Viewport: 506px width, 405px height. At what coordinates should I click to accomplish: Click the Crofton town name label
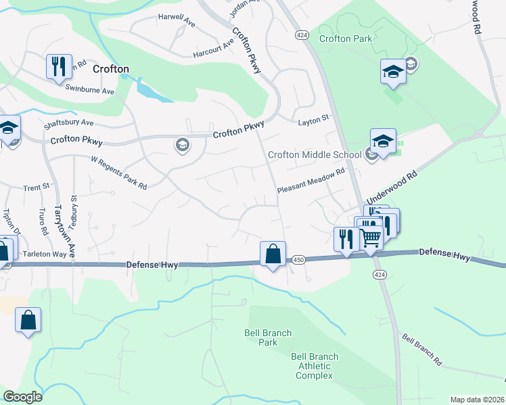[110, 69]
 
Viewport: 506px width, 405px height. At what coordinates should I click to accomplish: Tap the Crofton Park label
[346, 38]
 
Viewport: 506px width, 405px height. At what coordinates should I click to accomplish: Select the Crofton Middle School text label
[315, 155]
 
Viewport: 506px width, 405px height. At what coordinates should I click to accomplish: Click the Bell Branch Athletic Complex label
[312, 366]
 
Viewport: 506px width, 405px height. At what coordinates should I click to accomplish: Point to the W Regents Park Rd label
[119, 173]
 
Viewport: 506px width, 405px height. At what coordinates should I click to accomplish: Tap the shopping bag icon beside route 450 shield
[273, 254]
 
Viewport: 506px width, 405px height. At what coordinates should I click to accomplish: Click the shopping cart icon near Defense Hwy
[371, 238]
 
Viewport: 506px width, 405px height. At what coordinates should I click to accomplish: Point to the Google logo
[22, 397]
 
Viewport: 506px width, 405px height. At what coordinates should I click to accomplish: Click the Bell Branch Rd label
[421, 350]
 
